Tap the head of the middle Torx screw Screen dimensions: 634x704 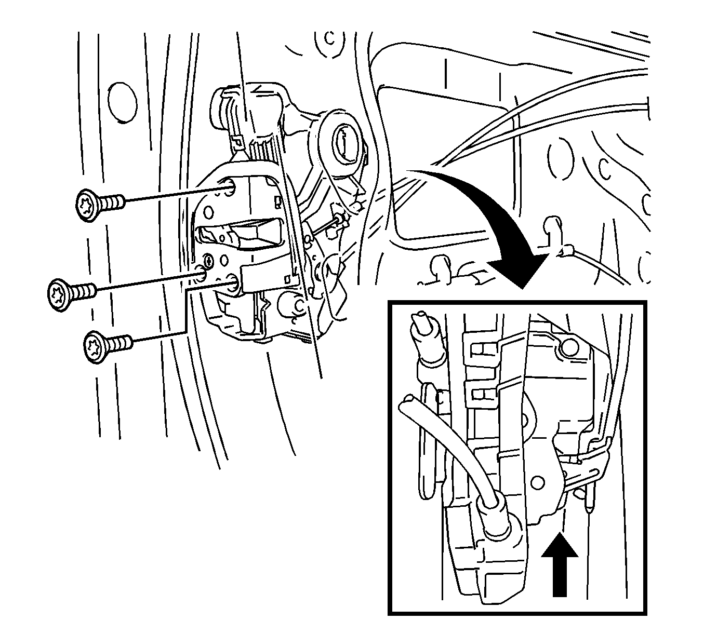coord(58,294)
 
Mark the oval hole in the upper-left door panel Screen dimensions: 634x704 coord(122,102)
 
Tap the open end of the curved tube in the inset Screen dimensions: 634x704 coord(407,402)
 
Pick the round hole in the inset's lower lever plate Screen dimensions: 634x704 coord(539,482)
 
